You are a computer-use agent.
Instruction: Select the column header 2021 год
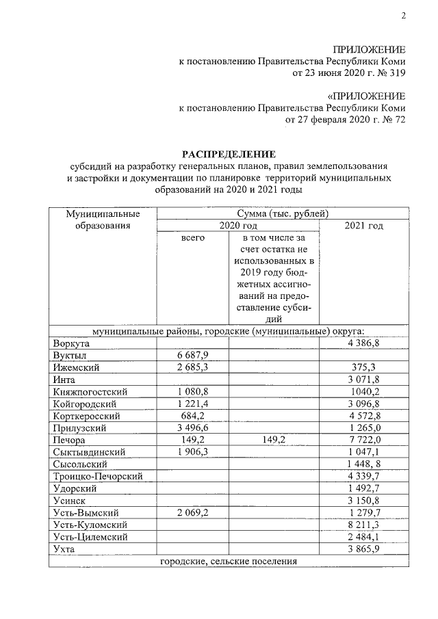tap(363, 226)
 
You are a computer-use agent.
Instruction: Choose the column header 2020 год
tap(237, 226)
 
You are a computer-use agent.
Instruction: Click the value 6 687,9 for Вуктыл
tap(192, 355)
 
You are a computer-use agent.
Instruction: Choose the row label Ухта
tap(64, 549)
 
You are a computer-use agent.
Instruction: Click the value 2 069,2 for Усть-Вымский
tap(192, 512)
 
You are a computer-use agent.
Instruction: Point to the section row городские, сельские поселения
tap(229, 562)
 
